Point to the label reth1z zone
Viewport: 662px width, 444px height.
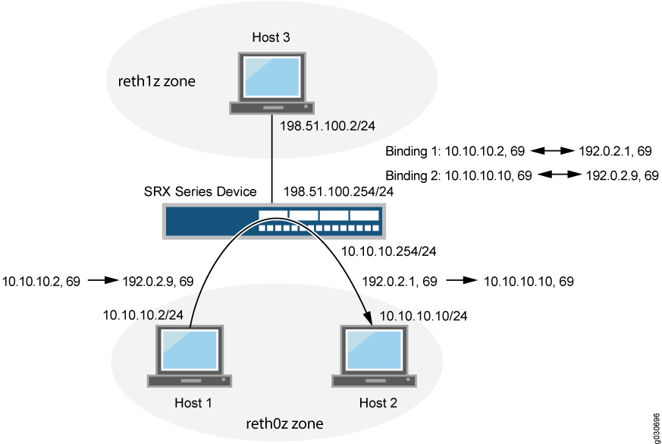click(x=157, y=81)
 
